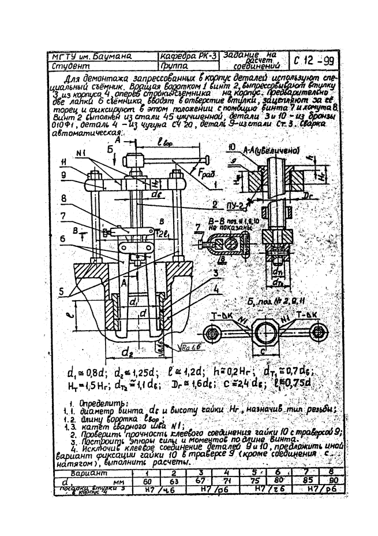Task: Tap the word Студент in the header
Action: [68, 66]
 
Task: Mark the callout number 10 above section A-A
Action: [232, 146]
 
